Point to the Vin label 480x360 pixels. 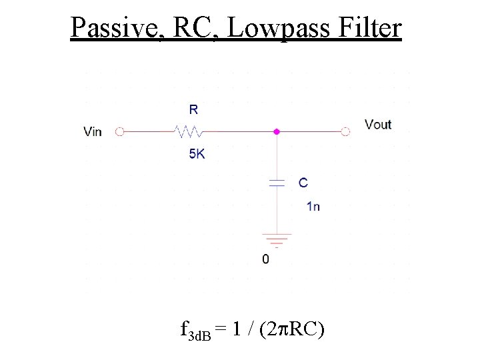[x=93, y=132]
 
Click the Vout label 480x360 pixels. [x=378, y=125]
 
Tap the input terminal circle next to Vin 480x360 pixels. [x=120, y=132]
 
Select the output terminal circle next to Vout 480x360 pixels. [x=345, y=132]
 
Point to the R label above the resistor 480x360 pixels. [x=193, y=109]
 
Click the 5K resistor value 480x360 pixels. [x=197, y=154]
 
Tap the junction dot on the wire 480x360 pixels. [x=277, y=132]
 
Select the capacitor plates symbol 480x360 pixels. [x=277, y=183]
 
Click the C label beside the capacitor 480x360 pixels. [x=303, y=182]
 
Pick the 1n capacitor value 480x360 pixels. [x=313, y=206]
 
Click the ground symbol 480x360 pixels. [x=277, y=239]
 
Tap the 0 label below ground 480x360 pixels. [x=265, y=259]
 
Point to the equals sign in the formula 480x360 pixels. [x=221, y=330]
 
